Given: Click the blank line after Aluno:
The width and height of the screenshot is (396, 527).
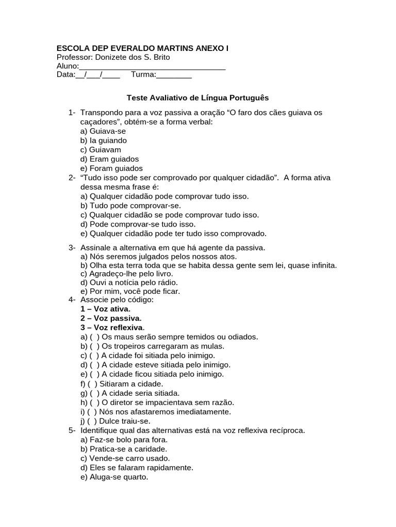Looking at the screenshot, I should (x=152, y=66).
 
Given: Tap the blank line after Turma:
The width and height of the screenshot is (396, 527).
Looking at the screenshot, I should (x=174, y=75).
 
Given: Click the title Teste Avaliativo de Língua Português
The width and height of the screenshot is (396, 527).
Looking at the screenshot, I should (x=198, y=97).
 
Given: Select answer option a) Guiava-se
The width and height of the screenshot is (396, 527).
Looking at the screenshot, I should (x=103, y=131).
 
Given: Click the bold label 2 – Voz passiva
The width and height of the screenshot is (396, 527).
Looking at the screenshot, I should (x=111, y=318).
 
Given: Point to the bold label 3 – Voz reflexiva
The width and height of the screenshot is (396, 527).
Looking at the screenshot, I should (x=112, y=327).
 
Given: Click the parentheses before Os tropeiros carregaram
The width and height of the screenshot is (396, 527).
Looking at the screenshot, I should (x=95, y=346).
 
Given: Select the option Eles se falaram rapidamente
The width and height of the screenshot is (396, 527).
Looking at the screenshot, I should (x=137, y=467).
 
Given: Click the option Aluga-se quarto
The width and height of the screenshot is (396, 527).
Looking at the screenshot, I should (x=114, y=477).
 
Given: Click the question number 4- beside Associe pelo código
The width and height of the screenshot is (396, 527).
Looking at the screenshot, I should (x=72, y=300).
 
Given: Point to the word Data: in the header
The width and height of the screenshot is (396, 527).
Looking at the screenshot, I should (x=65, y=75).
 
